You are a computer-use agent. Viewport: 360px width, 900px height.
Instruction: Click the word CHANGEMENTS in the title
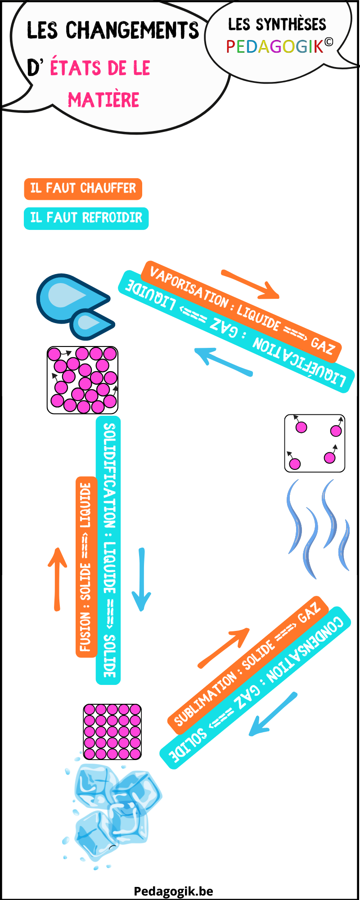pyautogui.click(x=132, y=30)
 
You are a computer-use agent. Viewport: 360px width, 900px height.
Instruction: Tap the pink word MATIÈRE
pyautogui.click(x=103, y=99)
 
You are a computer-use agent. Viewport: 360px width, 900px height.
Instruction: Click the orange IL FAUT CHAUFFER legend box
pyautogui.click(x=83, y=189)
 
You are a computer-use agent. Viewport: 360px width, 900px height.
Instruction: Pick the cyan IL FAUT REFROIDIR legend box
pyautogui.click(x=86, y=218)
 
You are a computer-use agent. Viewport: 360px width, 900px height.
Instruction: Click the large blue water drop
pyautogui.click(x=67, y=297)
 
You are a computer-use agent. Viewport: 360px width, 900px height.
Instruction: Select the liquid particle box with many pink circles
pyautogui.click(x=82, y=380)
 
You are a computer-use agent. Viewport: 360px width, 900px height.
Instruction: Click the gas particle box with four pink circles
pyautogui.click(x=315, y=443)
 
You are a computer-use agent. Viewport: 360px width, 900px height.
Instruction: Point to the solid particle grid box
pyautogui.click(x=112, y=732)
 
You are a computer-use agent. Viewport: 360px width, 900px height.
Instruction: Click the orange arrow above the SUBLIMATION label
pyautogui.click(x=224, y=648)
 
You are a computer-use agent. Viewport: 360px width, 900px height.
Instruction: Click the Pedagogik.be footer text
pyautogui.click(x=173, y=891)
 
